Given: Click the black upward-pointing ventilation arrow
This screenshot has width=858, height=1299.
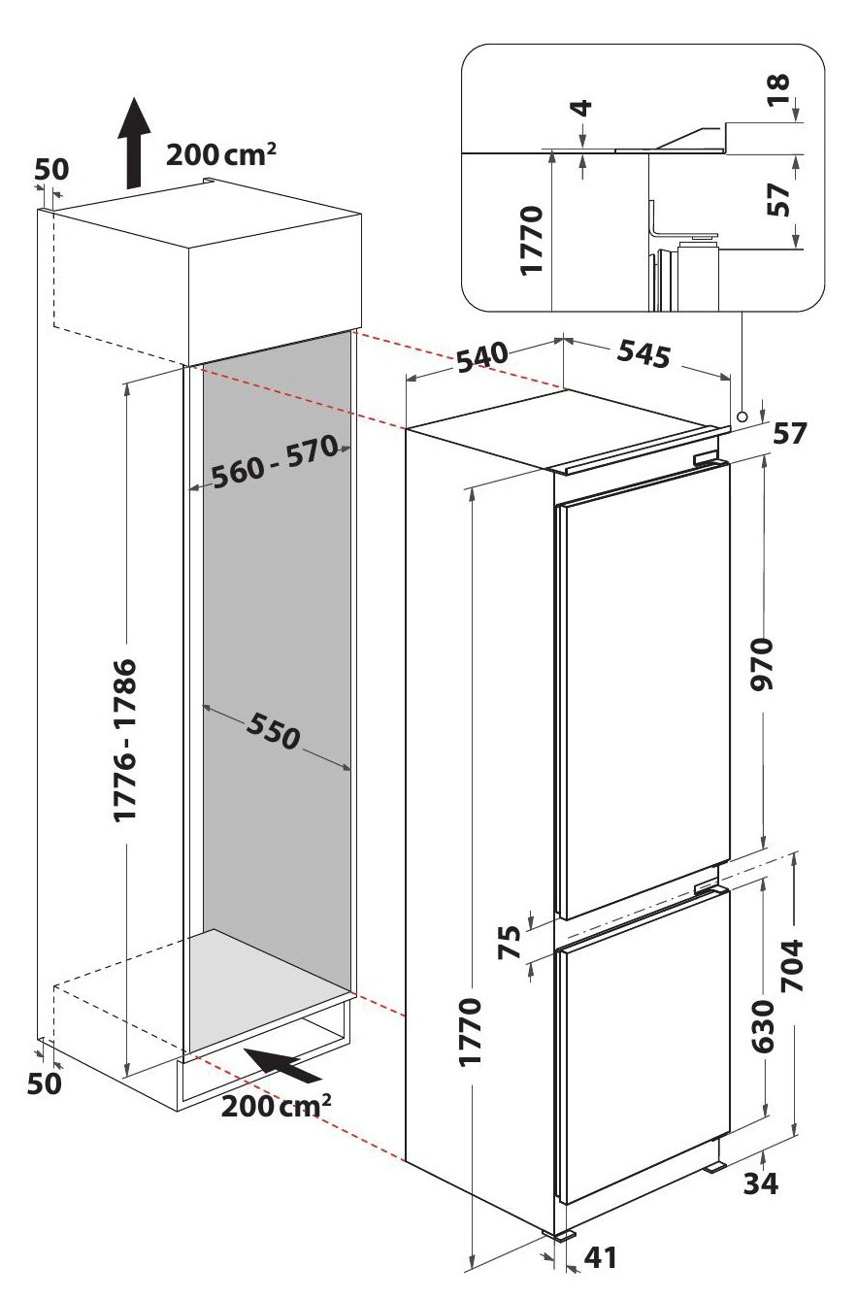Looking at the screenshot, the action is point(134,144).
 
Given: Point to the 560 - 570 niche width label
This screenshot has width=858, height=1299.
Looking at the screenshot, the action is point(274,461).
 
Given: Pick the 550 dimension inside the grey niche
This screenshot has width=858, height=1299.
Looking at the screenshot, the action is point(274,731).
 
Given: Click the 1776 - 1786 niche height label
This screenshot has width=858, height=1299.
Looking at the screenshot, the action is point(125,740).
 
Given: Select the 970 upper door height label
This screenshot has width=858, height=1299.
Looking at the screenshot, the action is point(762,664).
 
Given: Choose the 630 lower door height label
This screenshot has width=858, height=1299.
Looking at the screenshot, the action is point(763,1026).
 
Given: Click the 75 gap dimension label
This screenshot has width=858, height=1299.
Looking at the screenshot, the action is point(510,943).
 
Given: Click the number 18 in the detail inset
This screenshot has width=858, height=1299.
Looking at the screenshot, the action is point(778,89).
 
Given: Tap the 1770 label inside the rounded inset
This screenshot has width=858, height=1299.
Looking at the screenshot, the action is point(531,240).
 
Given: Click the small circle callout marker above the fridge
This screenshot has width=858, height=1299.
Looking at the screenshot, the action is point(742,416).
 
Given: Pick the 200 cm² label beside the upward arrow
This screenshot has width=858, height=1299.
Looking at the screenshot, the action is point(221,154).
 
